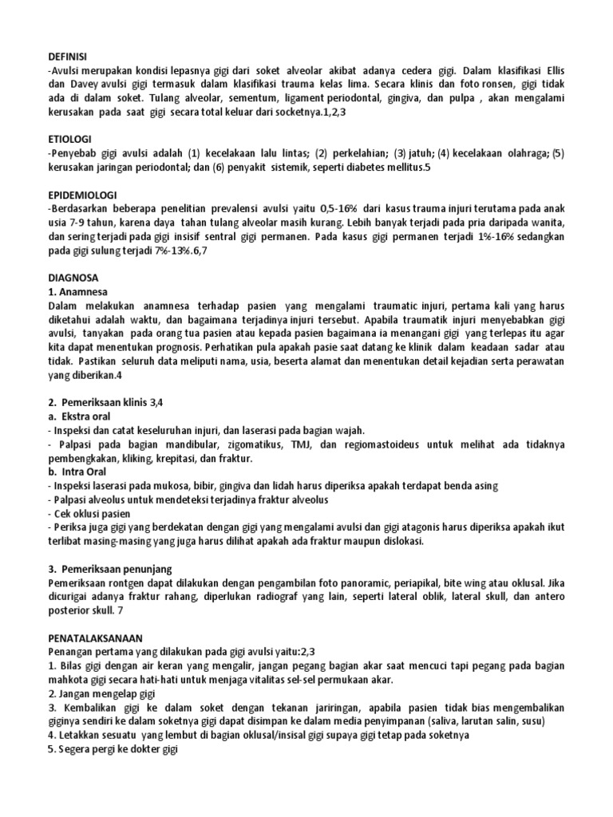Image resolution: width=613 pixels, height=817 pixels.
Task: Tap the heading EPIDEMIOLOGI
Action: (x=81, y=194)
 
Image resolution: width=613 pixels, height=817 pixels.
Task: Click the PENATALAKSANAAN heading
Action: (x=94, y=638)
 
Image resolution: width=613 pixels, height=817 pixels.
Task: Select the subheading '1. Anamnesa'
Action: (x=80, y=292)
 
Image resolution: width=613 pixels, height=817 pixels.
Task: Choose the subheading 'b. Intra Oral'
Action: (x=77, y=472)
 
